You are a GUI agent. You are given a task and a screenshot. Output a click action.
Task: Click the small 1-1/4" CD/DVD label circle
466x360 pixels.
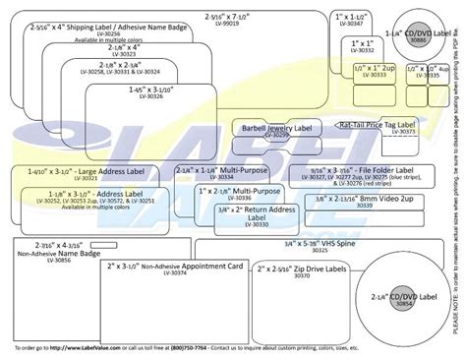click(422, 37)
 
